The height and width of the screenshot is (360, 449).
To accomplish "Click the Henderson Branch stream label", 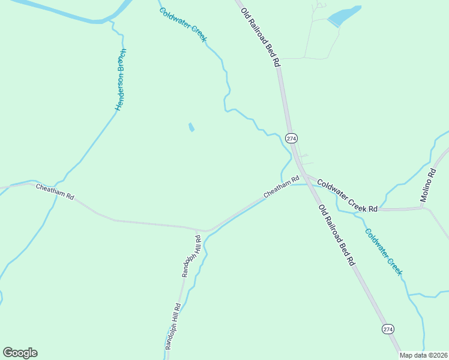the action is pos(121,80).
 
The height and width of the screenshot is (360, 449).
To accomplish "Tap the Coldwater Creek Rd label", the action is pos(347,196).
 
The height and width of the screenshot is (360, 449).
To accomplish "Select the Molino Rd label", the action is pos(431,187).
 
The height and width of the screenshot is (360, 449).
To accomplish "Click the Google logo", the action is pos(20,353).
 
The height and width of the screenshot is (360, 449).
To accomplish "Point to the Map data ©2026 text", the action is pos(424,355).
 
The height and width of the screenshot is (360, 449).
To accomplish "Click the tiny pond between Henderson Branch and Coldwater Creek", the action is pos(191,127).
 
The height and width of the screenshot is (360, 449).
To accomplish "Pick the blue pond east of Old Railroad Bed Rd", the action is pos(344,16).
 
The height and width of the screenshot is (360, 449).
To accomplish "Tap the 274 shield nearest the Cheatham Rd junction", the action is pos(291,138).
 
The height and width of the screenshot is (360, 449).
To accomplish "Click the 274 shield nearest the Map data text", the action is pos(388,329).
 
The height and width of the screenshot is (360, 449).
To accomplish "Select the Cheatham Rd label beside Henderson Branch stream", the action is pos(55,192).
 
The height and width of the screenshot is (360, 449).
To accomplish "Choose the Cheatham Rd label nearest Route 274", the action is pos(281,188).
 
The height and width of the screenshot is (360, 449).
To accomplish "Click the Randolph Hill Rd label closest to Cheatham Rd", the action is pos(191,256).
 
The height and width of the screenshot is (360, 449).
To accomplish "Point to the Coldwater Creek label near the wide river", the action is pos(183,25).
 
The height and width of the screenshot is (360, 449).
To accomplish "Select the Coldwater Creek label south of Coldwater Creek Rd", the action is pos(384,251).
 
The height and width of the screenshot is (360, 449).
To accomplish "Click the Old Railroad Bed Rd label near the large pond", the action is pos(261,37).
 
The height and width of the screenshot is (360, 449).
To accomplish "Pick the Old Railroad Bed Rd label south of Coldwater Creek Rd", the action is pos(337,235).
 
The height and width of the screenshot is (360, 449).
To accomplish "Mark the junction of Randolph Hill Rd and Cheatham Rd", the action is pos(199,230).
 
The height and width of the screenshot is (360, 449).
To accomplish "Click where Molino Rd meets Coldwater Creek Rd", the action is pos(424,208).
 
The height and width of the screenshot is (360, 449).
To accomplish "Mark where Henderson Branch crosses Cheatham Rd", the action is pos(60,181).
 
